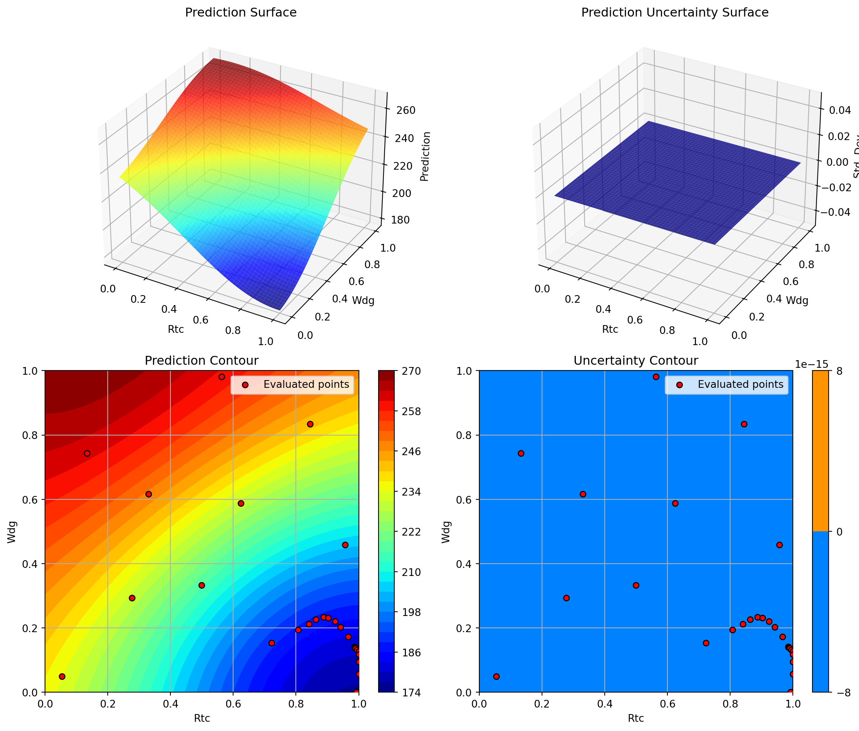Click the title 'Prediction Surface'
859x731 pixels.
click(x=240, y=13)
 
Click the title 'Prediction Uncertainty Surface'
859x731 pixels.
click(x=675, y=13)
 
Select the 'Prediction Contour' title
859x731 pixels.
click(x=202, y=360)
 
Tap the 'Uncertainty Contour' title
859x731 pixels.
click(x=635, y=360)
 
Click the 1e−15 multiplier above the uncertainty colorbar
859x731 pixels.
click(x=811, y=364)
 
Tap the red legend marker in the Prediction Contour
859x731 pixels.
click(x=245, y=385)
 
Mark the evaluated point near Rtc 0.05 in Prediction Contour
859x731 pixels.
click(x=62, y=677)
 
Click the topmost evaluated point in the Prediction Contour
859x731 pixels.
click(x=222, y=377)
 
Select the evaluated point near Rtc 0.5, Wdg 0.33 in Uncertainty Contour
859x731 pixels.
click(x=636, y=585)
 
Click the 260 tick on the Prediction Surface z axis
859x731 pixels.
click(x=406, y=110)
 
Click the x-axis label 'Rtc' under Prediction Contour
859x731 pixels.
click(x=202, y=718)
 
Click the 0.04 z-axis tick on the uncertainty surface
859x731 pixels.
click(x=839, y=110)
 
